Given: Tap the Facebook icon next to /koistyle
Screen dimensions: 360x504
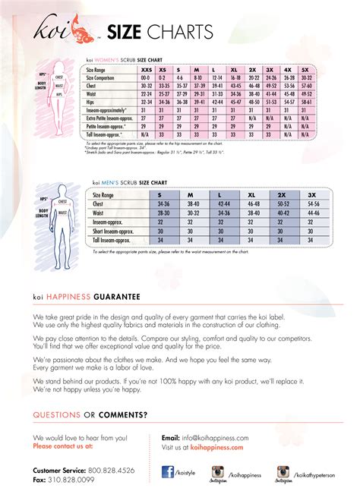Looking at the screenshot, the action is pos(168,471).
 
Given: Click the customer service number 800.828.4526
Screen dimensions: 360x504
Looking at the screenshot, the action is pos(109,471).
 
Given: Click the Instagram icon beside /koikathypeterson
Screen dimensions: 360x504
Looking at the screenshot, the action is pos(284,471).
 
